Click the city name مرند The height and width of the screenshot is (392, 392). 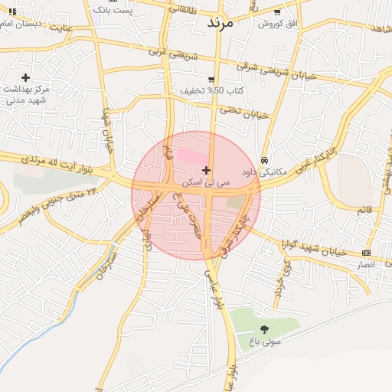pos(224,22)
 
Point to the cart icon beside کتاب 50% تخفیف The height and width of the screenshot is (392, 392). pos(211,79)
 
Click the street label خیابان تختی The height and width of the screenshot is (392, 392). pos(244,112)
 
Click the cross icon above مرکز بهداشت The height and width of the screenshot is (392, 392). pos(26,77)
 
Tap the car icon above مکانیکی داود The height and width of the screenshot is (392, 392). pos(264,161)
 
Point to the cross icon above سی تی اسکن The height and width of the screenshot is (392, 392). pos(206,170)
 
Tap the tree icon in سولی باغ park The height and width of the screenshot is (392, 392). pos(265,329)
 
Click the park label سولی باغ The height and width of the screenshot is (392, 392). pos(264,341)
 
